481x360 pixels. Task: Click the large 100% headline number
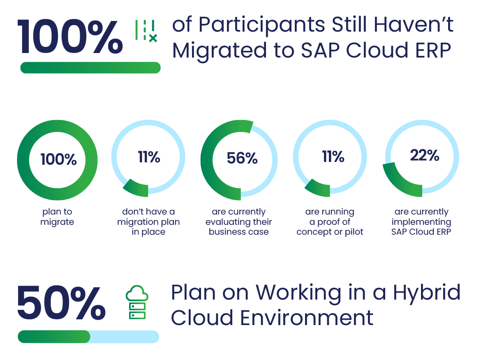[x=70, y=37]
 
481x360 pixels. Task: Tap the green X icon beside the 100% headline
[x=153, y=39]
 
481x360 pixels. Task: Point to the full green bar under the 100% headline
[x=90, y=68]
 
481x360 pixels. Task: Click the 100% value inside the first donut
[x=58, y=159]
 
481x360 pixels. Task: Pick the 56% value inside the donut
[x=242, y=158]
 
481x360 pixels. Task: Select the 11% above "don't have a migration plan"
[x=149, y=157]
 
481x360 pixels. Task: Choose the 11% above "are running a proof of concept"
[x=333, y=157]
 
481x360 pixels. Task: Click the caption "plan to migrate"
[x=57, y=217]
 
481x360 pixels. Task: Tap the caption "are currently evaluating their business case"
[x=239, y=222]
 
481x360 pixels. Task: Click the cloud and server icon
[x=137, y=303]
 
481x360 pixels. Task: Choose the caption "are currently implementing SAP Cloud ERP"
[x=421, y=222]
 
